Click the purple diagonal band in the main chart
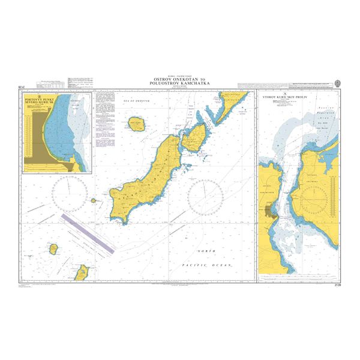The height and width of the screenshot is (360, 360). click(88, 232)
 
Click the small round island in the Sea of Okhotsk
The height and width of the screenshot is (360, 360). click(137, 125)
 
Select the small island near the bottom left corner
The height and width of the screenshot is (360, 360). click(53, 248)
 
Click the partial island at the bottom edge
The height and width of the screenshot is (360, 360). click(81, 274)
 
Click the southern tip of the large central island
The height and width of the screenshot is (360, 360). click(124, 222)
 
